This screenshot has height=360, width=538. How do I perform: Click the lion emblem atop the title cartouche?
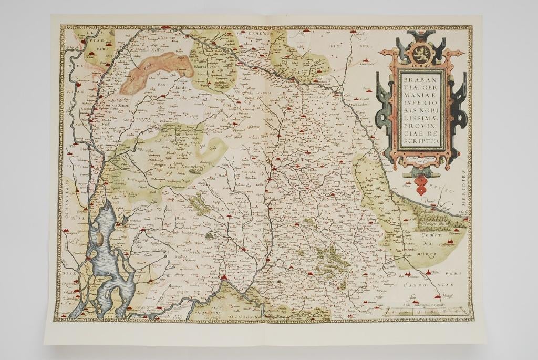click(x=421, y=53)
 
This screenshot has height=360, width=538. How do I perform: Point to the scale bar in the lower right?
click(x=426, y=311)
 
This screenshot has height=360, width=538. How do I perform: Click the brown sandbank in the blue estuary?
click(x=100, y=239)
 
